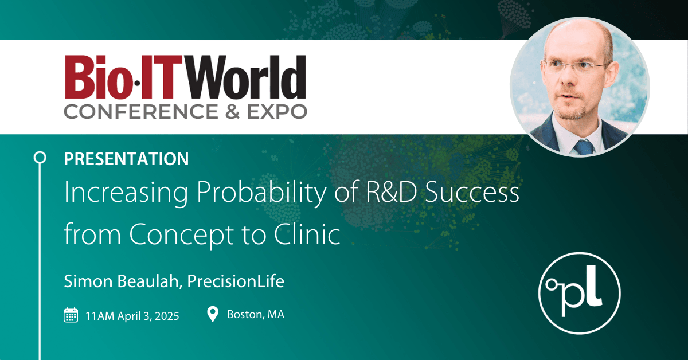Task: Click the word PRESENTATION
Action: click(126, 159)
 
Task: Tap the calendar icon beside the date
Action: click(71, 315)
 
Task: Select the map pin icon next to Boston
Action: click(213, 314)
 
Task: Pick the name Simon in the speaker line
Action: click(85, 281)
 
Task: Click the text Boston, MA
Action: click(256, 315)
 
